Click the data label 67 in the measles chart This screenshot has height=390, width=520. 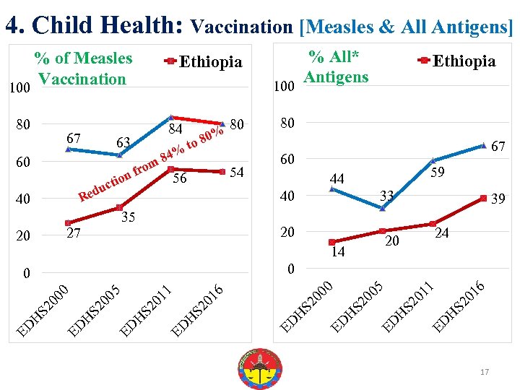73,137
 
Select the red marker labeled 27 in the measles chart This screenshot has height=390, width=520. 68,223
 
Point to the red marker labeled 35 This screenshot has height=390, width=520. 119,208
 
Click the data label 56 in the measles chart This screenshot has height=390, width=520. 180,178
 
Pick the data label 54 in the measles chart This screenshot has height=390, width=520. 236,172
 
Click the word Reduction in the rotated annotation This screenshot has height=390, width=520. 105,185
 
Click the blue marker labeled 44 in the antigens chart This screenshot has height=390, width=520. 331,189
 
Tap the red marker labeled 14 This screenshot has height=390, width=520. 331,242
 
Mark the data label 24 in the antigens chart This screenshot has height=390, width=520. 442,233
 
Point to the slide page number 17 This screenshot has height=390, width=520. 485,372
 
